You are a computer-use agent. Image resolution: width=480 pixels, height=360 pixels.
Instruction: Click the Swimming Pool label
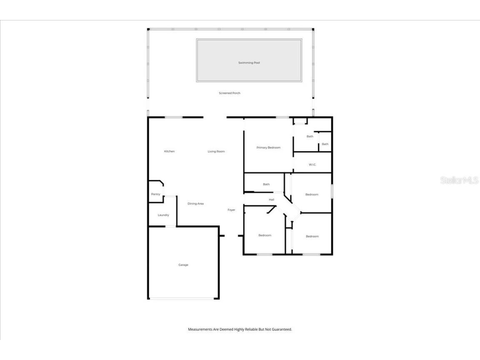[x=249, y=63]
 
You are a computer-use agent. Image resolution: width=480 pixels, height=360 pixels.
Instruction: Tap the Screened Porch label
[x=230, y=93]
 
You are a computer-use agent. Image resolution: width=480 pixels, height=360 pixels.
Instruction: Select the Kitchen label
[x=169, y=151]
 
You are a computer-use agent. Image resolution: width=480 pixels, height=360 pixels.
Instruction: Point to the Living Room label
[x=216, y=151]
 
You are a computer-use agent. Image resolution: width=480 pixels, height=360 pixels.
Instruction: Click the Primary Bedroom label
[x=268, y=147]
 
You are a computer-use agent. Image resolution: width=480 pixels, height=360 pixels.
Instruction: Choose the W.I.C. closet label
[x=312, y=165]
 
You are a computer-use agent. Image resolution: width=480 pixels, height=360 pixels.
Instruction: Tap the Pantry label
[x=155, y=194]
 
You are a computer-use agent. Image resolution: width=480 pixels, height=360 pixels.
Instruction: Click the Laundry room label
[x=163, y=215]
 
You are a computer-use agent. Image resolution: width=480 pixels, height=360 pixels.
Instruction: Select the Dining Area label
[x=195, y=204]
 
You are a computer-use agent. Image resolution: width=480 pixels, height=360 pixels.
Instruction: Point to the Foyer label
[x=231, y=210]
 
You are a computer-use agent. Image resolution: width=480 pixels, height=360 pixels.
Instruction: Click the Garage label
[x=183, y=265]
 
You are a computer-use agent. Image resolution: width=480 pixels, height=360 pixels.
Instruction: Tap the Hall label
[x=272, y=200]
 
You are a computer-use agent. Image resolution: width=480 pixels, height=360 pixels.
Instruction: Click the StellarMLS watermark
[x=459, y=180]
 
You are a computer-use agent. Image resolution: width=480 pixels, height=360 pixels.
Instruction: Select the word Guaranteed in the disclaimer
[x=282, y=329]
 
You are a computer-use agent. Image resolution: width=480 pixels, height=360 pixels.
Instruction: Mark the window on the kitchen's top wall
[x=173, y=117]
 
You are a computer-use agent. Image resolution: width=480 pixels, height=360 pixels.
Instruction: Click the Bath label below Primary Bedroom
[x=266, y=184]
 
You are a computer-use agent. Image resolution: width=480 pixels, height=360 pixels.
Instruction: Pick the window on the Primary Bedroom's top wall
[x=282, y=117]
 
